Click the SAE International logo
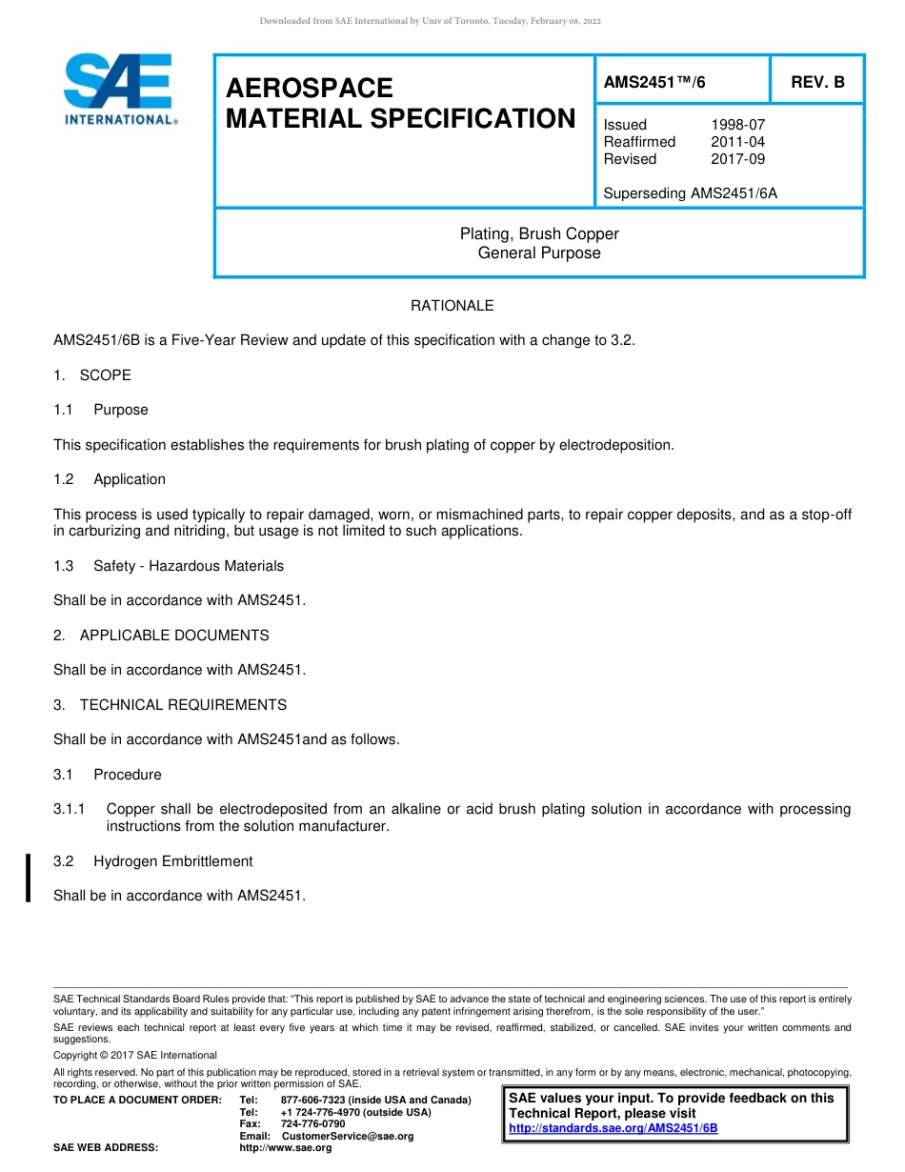point(119,89)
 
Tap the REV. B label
point(817,82)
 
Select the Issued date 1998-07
point(737,125)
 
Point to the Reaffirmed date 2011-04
point(737,142)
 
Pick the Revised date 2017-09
point(737,159)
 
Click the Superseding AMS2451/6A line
point(691,193)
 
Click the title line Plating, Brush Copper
point(539,233)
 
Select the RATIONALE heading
point(452,306)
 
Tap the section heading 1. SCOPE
point(92,375)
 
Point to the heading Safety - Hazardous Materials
point(188,566)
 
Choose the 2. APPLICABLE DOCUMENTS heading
point(161,636)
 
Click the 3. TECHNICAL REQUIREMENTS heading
point(170,705)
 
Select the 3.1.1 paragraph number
point(70,809)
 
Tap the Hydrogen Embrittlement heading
point(172,861)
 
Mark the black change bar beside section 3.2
point(28,878)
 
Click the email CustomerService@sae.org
point(348,1136)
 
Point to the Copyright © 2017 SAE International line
point(135,1055)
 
